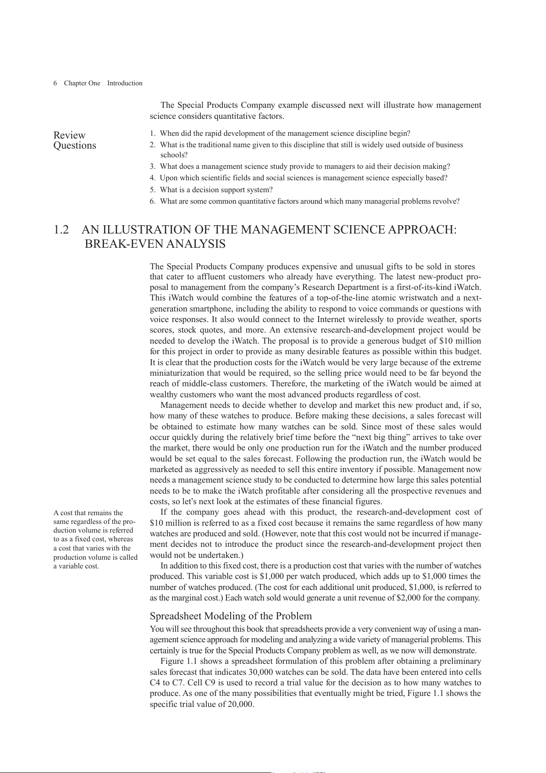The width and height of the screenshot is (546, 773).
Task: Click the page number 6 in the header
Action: coord(55,83)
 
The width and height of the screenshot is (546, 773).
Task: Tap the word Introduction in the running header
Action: coord(125,83)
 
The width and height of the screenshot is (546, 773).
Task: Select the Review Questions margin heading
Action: coord(75,140)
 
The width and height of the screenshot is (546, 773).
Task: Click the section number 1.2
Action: coord(61,230)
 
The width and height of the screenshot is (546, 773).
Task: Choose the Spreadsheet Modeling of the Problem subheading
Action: coord(231,616)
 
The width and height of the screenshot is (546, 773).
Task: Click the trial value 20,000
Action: coord(240,704)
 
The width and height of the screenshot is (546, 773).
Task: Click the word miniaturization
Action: coord(177,373)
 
